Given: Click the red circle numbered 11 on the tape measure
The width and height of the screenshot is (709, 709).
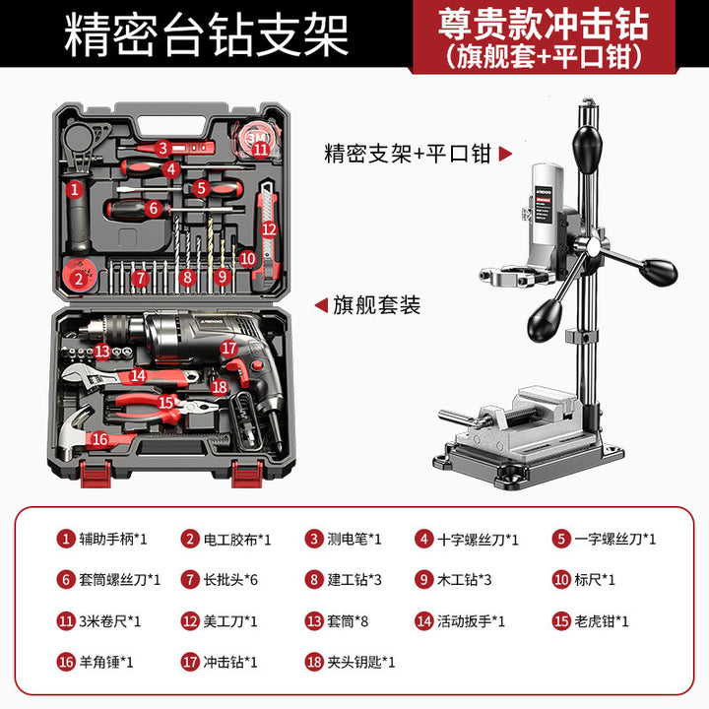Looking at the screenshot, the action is pos(260,149).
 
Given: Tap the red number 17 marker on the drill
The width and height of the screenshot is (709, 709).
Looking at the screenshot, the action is pos(228,348).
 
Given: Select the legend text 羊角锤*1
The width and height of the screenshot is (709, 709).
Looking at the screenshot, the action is pos(106,662).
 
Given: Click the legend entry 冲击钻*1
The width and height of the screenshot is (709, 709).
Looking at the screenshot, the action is pos(230,662).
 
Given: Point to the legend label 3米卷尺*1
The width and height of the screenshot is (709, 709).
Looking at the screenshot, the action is pos(110,621).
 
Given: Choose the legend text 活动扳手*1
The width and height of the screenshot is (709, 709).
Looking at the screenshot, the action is pos(471,621).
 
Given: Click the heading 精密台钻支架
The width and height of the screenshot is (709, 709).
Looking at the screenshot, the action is pos(206,34).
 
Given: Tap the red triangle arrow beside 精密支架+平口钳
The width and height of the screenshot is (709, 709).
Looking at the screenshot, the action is pos(505,154).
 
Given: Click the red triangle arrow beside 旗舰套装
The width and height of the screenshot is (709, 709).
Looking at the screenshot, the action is pos(321,304).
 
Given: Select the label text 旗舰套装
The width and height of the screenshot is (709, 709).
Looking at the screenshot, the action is pos(376,304).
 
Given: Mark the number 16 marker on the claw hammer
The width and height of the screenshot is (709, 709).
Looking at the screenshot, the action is pos(99,438).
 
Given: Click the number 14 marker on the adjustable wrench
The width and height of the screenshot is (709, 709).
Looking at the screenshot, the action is pos(138,375).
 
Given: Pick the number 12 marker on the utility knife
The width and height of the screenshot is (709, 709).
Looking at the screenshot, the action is pos(269,229).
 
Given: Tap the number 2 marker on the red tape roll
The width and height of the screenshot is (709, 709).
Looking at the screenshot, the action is pos(79,279).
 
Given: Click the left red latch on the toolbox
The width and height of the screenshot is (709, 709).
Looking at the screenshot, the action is pos(96,474).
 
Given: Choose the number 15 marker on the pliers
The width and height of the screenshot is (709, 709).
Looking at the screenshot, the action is pos(166,402).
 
